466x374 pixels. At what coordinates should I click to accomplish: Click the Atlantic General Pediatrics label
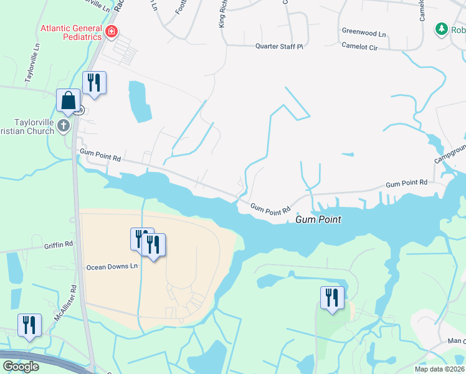tap(71, 32)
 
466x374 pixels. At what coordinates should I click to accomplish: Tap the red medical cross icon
tap(111, 32)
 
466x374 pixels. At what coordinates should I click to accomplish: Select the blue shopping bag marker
tap(68, 101)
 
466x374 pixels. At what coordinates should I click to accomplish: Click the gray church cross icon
tap(63, 127)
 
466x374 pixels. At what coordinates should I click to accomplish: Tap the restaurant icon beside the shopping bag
tap(95, 83)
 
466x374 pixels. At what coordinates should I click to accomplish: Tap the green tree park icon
tap(442, 29)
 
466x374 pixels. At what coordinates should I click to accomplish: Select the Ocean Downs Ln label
tap(112, 266)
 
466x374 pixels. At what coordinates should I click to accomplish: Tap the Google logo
tap(21, 367)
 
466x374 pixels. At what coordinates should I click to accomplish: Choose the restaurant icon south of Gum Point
tap(332, 298)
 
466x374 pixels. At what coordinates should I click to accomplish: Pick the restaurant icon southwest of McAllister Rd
tap(29, 325)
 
